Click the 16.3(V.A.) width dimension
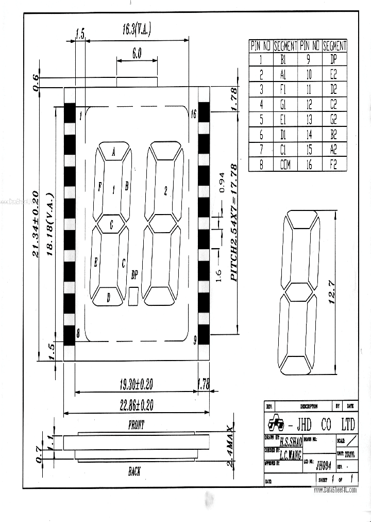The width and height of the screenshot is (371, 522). coord(136,29)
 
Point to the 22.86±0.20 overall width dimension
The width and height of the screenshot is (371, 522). coord(137,405)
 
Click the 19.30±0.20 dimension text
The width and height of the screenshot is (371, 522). coord(137,384)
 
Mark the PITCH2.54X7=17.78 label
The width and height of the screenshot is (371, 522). coord(233,222)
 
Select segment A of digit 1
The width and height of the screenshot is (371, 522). coord(113,151)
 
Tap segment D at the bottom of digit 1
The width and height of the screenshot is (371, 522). coord(108,297)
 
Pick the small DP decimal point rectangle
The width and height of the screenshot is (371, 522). coord(134,296)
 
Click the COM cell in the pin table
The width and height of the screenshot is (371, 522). coord(285,166)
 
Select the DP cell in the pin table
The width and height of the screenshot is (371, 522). coord(334,59)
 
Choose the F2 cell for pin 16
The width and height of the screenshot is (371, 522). coord(334,166)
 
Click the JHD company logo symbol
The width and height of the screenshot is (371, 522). coord(275,424)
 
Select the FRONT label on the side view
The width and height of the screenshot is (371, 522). coord(136,425)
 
